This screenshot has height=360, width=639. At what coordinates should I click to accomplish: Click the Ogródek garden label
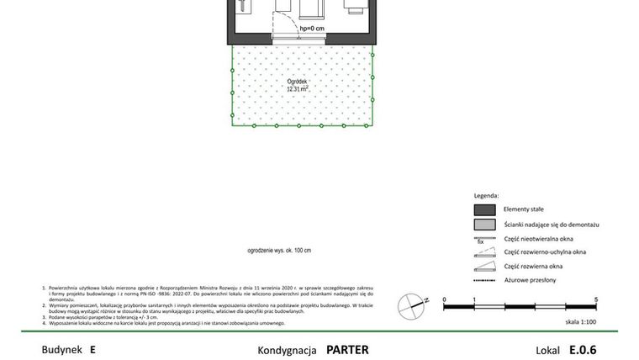296,81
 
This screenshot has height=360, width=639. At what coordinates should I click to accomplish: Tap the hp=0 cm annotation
312,29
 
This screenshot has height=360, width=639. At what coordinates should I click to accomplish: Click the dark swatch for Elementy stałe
484,209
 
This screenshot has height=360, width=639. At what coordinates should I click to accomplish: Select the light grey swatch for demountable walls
484,225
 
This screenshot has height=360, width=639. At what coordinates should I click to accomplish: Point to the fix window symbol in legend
483,240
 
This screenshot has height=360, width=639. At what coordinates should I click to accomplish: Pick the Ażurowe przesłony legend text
530,280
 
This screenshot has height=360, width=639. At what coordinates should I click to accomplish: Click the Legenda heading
486,195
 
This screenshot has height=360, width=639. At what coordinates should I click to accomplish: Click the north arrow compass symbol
410,302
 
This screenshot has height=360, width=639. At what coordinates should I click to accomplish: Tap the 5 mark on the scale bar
596,299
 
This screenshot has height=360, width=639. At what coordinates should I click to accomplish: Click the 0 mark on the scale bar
444,299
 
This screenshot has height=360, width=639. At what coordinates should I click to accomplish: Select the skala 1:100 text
580,322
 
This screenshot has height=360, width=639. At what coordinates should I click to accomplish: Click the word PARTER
347,350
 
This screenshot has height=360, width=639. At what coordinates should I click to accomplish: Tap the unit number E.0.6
582,350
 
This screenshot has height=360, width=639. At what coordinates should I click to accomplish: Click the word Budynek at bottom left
59,350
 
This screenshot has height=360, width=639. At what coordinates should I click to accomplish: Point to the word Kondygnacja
288,350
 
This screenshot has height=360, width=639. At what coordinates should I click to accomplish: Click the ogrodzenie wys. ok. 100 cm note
279,251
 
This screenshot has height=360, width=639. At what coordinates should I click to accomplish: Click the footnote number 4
44,323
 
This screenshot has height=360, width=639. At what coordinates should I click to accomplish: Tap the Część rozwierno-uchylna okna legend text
545,252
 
